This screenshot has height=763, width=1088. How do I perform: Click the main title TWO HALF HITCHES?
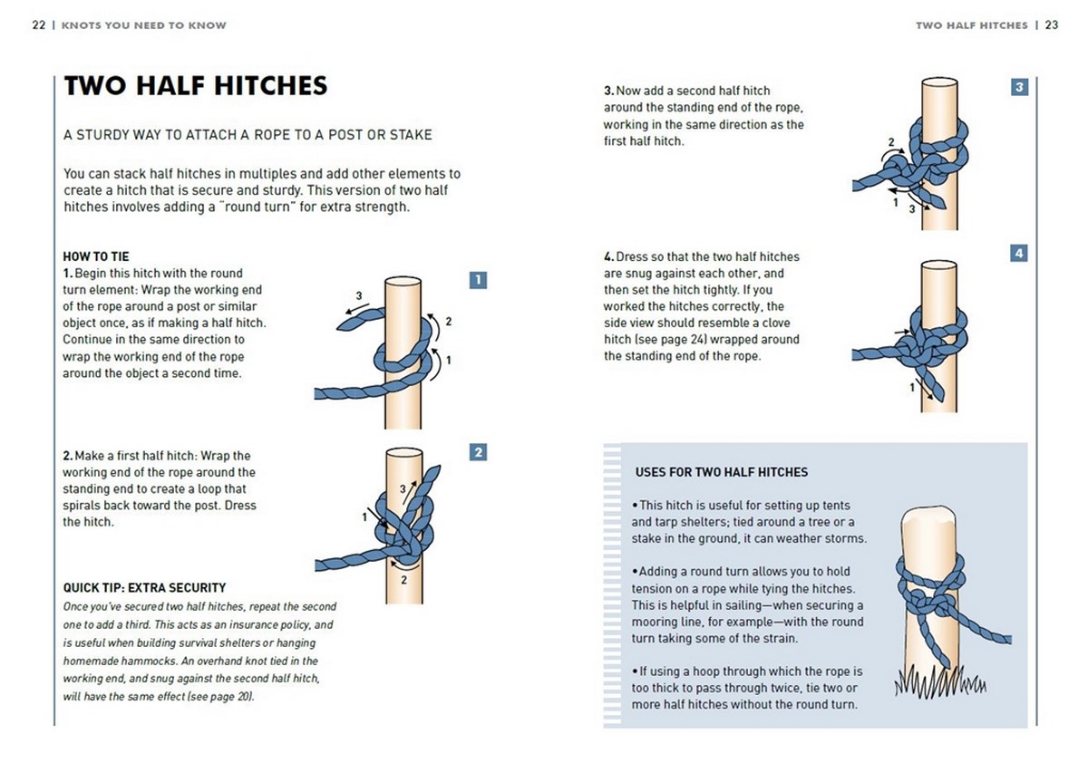(x=195, y=86)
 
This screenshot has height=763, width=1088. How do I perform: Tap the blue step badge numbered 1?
(x=479, y=280)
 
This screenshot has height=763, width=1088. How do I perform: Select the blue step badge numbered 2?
(x=479, y=452)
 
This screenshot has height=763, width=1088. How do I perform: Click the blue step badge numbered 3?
(x=1019, y=88)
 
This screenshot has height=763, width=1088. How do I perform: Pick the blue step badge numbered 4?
(x=1019, y=254)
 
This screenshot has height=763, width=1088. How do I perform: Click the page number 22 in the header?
(x=38, y=25)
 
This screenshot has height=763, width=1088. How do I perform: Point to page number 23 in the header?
(x=1051, y=25)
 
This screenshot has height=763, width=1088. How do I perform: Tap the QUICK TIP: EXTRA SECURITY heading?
(x=144, y=588)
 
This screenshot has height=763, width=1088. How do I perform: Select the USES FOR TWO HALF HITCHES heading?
(x=722, y=472)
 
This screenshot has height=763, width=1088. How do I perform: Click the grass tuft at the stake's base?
(x=939, y=682)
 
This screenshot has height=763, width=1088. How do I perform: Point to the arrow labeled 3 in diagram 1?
(x=353, y=310)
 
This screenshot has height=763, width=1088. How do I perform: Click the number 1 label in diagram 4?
(x=911, y=389)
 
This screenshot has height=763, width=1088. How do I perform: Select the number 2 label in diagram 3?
(x=890, y=142)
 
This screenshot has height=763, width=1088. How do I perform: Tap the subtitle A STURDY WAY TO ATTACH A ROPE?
(x=247, y=135)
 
